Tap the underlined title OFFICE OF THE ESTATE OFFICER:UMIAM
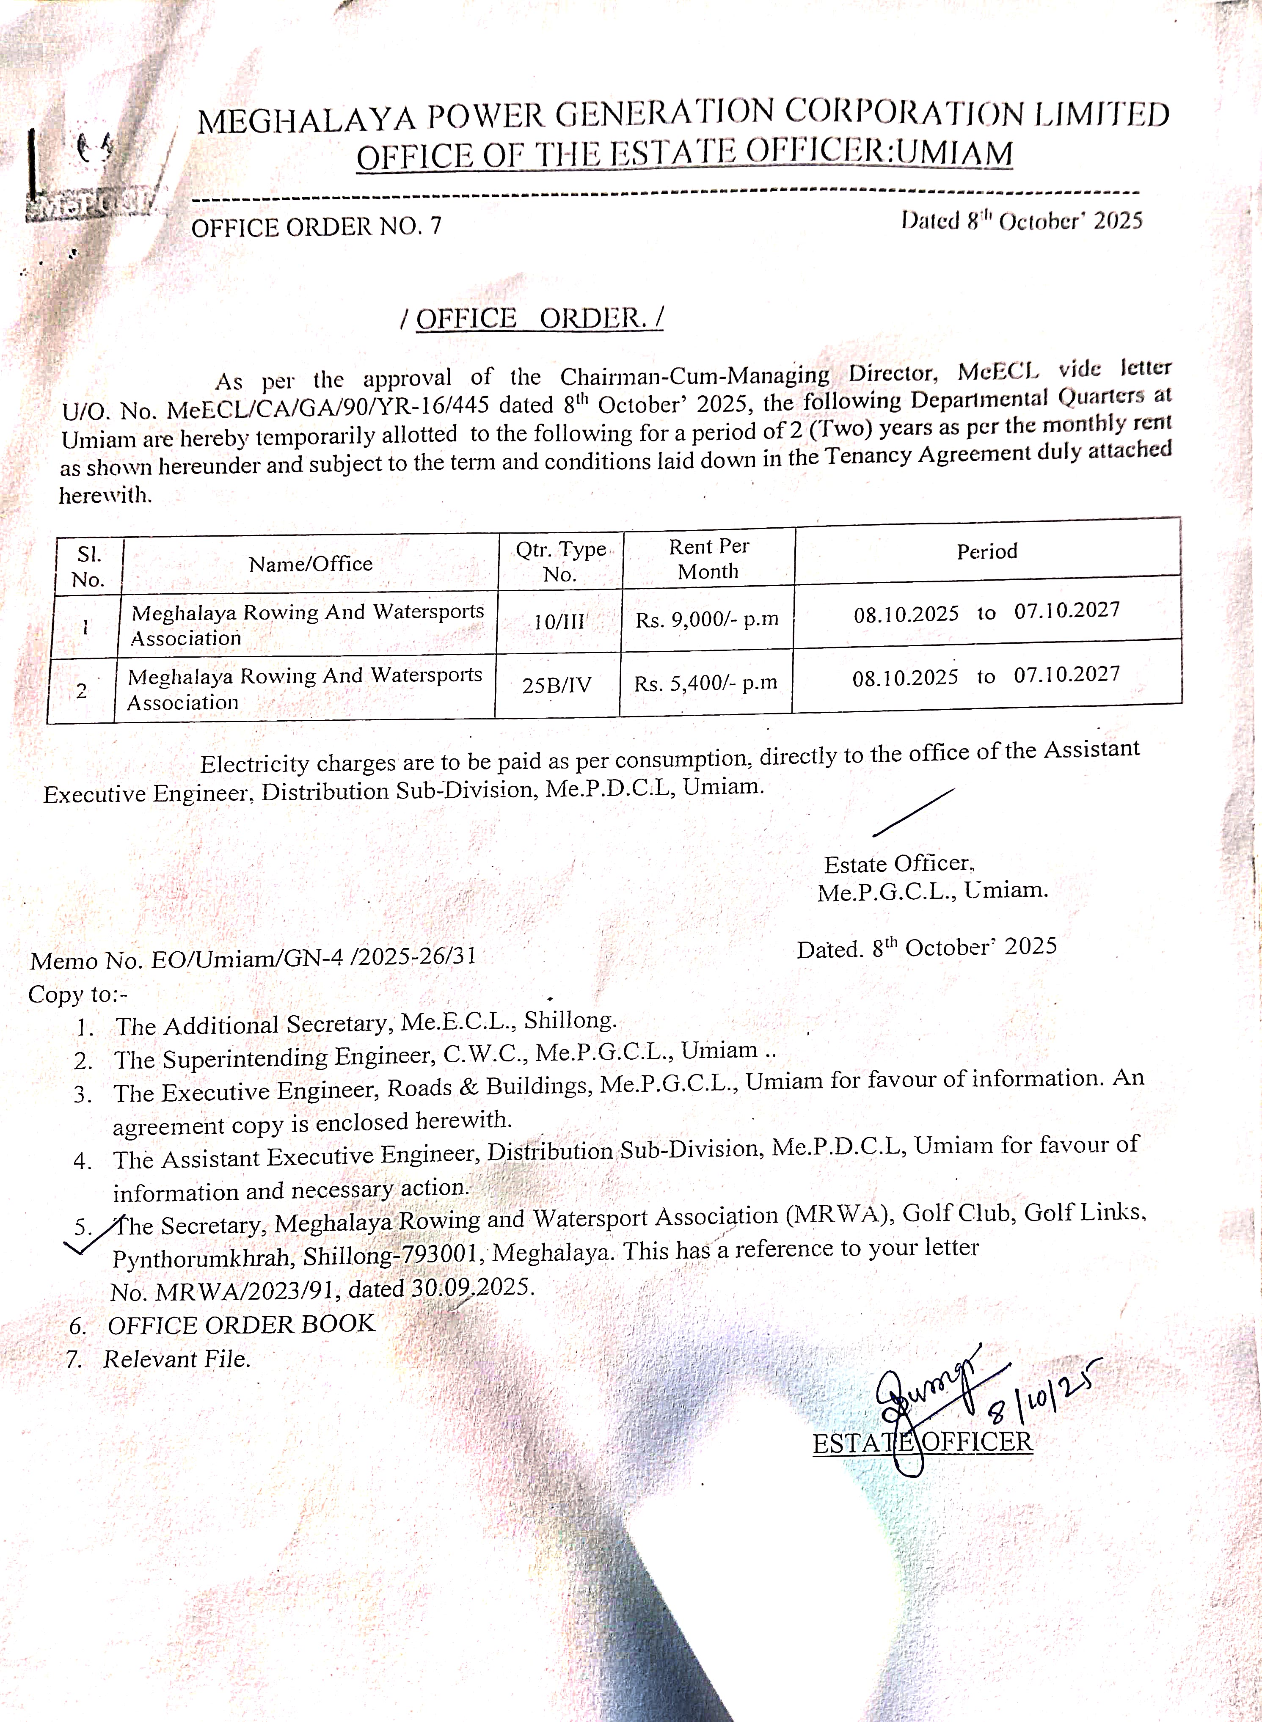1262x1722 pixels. coord(684,155)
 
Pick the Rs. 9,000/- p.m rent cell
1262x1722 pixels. coord(707,619)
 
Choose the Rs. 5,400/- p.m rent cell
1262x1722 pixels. coord(705,683)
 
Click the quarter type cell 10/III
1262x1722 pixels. coord(559,621)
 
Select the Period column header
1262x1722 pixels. coord(987,551)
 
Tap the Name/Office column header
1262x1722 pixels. coord(310,564)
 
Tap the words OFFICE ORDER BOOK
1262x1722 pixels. coord(241,1324)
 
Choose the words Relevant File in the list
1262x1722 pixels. coord(176,1359)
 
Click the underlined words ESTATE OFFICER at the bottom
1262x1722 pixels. coord(922,1442)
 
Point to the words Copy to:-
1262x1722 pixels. coord(78,994)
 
